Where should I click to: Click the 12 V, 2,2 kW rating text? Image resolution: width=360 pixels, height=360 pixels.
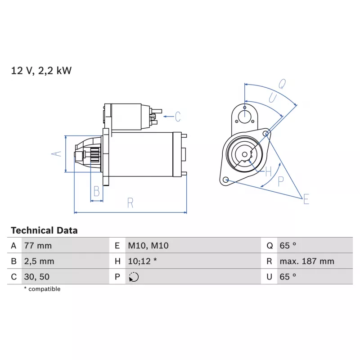41,71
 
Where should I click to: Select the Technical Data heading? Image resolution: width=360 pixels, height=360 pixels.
44,230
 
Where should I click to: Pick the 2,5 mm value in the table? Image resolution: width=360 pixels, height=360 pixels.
39,261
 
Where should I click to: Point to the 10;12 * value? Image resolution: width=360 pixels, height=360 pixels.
142,261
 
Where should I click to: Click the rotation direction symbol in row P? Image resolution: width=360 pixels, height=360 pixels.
134,277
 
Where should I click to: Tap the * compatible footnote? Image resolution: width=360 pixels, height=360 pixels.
42,289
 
